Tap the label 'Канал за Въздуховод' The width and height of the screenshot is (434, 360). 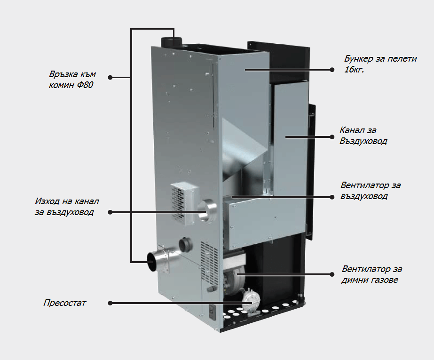[x=363, y=136]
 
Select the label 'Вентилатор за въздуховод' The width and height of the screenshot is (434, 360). [x=371, y=191]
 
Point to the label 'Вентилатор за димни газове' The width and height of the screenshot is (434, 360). [x=372, y=275]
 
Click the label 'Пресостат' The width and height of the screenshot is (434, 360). [x=64, y=303]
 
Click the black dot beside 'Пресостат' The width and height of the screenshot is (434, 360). [x=110, y=303]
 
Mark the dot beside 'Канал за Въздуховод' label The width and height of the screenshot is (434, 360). [x=332, y=136]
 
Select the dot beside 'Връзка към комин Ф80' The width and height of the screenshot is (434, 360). [x=110, y=77]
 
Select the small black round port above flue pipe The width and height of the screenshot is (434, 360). [x=186, y=244]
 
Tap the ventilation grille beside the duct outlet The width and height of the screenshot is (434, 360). [x=180, y=196]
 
